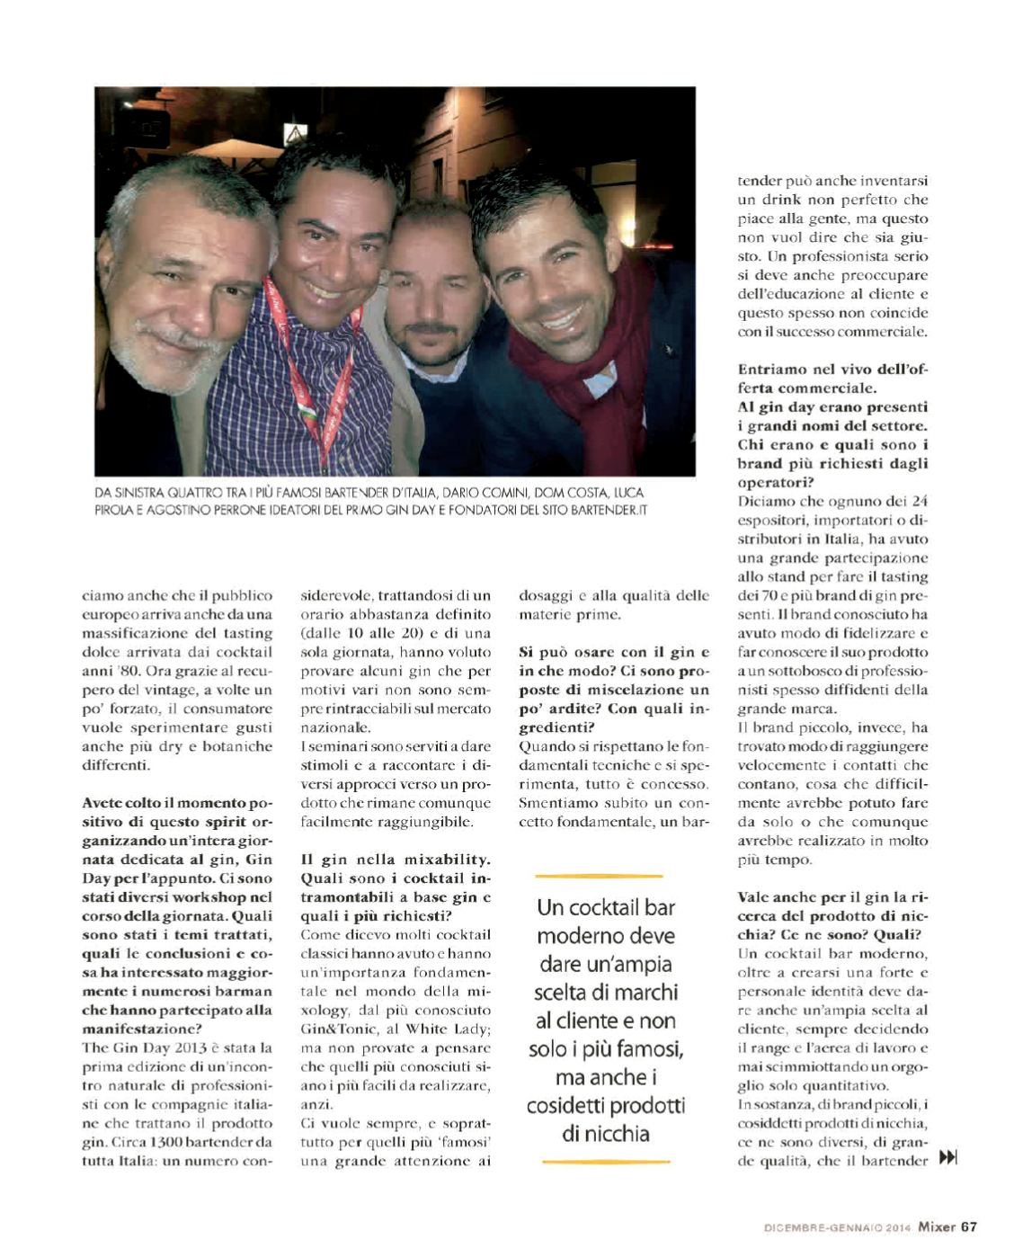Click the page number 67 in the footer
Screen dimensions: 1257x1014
[x=968, y=1226]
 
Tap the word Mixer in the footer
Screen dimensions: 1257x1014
[x=936, y=1226]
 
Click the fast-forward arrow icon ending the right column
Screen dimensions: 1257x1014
[x=947, y=1158]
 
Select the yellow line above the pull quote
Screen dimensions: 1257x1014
[x=599, y=875]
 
